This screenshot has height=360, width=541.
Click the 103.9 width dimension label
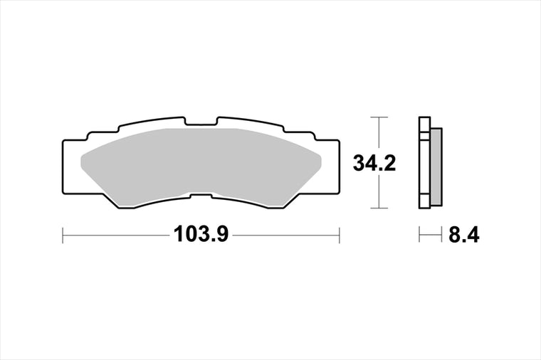(201, 234)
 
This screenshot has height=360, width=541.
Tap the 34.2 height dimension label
(374, 163)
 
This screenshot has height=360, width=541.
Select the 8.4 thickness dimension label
(463, 235)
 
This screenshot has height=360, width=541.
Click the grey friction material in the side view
(436, 167)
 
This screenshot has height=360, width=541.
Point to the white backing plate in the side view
(425, 163)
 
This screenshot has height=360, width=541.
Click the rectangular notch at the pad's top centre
(201, 121)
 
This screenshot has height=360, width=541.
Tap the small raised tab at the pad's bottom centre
(201, 196)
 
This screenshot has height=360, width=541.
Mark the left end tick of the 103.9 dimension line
(63, 235)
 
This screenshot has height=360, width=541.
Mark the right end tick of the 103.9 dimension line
(340, 235)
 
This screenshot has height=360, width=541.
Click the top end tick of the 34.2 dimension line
(379, 117)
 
